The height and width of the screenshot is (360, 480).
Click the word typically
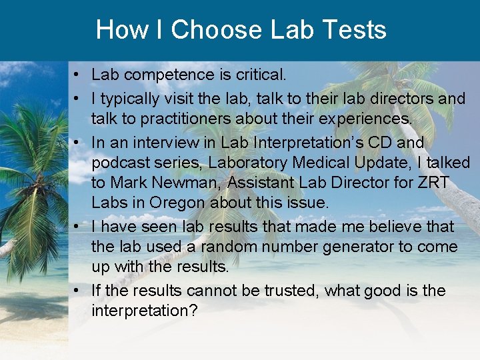(x=133, y=99)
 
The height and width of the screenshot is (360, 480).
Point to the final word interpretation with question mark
(x=145, y=311)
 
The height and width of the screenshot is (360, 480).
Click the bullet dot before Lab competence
(x=78, y=75)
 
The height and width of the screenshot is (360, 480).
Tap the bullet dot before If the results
(x=78, y=291)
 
